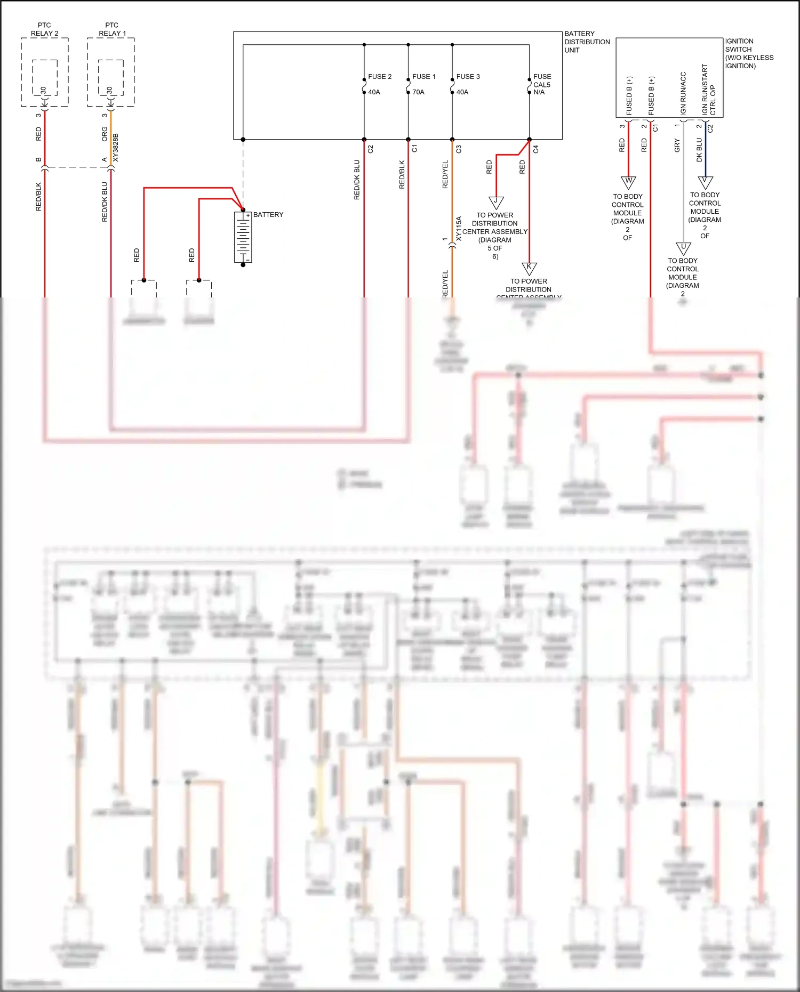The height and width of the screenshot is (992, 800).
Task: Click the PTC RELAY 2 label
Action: [x=44, y=29]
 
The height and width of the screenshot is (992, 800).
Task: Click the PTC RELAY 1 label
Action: [x=112, y=29]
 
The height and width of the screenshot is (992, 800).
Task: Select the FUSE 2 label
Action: [x=380, y=77]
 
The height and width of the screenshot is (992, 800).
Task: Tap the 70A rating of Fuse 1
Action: [x=418, y=92]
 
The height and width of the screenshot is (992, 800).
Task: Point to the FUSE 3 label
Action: [x=468, y=77]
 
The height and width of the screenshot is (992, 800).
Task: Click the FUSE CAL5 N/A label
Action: [x=542, y=84]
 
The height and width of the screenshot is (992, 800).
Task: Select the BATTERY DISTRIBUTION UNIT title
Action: [x=587, y=42]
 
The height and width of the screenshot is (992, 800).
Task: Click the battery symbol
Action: [x=243, y=237]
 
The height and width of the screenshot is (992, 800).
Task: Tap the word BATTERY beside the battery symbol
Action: [x=268, y=215]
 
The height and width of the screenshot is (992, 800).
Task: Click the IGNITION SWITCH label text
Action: [x=749, y=53]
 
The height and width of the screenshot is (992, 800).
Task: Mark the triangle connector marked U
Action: [x=683, y=248]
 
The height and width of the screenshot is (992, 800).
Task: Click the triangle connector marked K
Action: [x=529, y=268]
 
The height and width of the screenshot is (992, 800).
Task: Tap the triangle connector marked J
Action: [x=496, y=203]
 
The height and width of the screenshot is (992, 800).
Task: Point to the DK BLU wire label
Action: [x=699, y=150]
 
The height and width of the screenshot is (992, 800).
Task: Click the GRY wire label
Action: [x=677, y=146]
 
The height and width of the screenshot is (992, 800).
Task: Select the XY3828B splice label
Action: [x=116, y=148]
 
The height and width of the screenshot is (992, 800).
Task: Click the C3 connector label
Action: [x=459, y=149]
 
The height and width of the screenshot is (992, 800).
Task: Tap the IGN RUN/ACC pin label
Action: [x=683, y=93]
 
